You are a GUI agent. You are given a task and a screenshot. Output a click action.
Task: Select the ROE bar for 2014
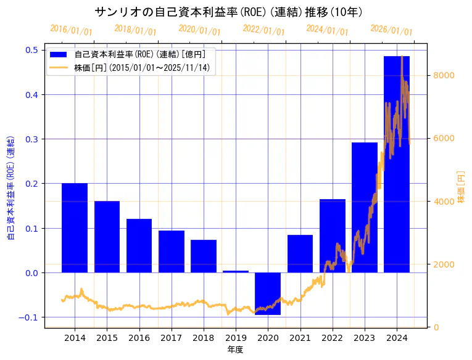[x=75, y=227]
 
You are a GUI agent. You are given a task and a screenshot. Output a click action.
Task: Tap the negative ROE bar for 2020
[x=268, y=293]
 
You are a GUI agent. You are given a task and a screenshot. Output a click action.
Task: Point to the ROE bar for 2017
[x=172, y=252]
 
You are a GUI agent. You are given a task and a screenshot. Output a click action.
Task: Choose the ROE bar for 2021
[x=300, y=253]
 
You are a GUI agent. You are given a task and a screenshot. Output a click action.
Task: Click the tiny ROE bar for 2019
[x=236, y=271]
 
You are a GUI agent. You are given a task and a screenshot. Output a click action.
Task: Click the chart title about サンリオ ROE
[x=228, y=12]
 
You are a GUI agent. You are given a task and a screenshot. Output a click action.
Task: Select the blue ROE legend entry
[x=132, y=54]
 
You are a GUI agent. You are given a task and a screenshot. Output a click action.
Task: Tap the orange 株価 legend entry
[x=132, y=67]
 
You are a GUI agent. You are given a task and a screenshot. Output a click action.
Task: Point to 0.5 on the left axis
[x=31, y=50]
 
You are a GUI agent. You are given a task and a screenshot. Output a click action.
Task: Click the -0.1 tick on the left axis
[x=29, y=317]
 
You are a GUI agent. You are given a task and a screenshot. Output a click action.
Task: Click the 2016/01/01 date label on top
[x=71, y=30]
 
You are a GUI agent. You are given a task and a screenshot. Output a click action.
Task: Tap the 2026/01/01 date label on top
[x=391, y=30]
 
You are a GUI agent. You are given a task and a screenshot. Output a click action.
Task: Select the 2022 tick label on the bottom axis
[x=332, y=338]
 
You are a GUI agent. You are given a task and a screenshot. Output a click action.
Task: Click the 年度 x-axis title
[x=236, y=350]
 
